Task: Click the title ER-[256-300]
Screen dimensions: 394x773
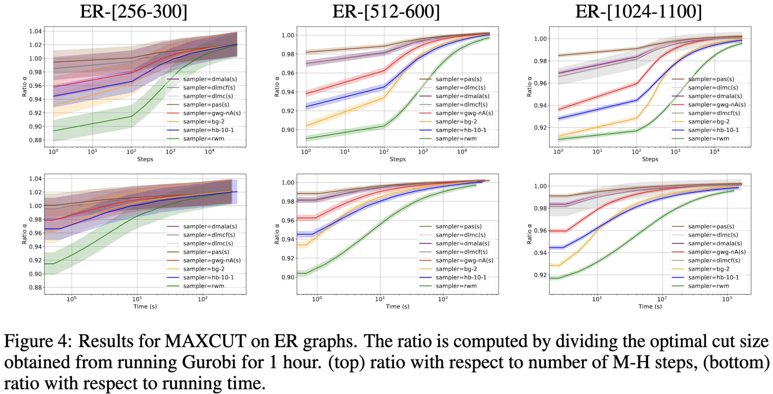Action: click(x=134, y=12)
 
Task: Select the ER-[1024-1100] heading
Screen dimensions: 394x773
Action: click(x=639, y=12)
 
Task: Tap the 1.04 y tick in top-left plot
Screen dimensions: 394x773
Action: click(x=36, y=31)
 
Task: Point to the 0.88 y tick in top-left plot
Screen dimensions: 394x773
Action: click(x=36, y=140)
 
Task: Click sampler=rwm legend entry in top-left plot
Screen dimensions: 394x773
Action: click(x=203, y=139)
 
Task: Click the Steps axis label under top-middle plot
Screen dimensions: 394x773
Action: click(x=397, y=159)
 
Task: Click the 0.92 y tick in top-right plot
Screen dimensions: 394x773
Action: click(x=540, y=128)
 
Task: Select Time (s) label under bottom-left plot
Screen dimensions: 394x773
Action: click(x=145, y=307)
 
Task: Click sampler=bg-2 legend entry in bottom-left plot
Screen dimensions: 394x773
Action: click(x=203, y=269)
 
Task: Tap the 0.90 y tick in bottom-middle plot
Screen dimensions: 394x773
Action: click(x=288, y=277)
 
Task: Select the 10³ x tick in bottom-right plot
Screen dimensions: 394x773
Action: click(x=727, y=299)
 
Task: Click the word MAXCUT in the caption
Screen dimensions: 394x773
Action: click(x=205, y=341)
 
